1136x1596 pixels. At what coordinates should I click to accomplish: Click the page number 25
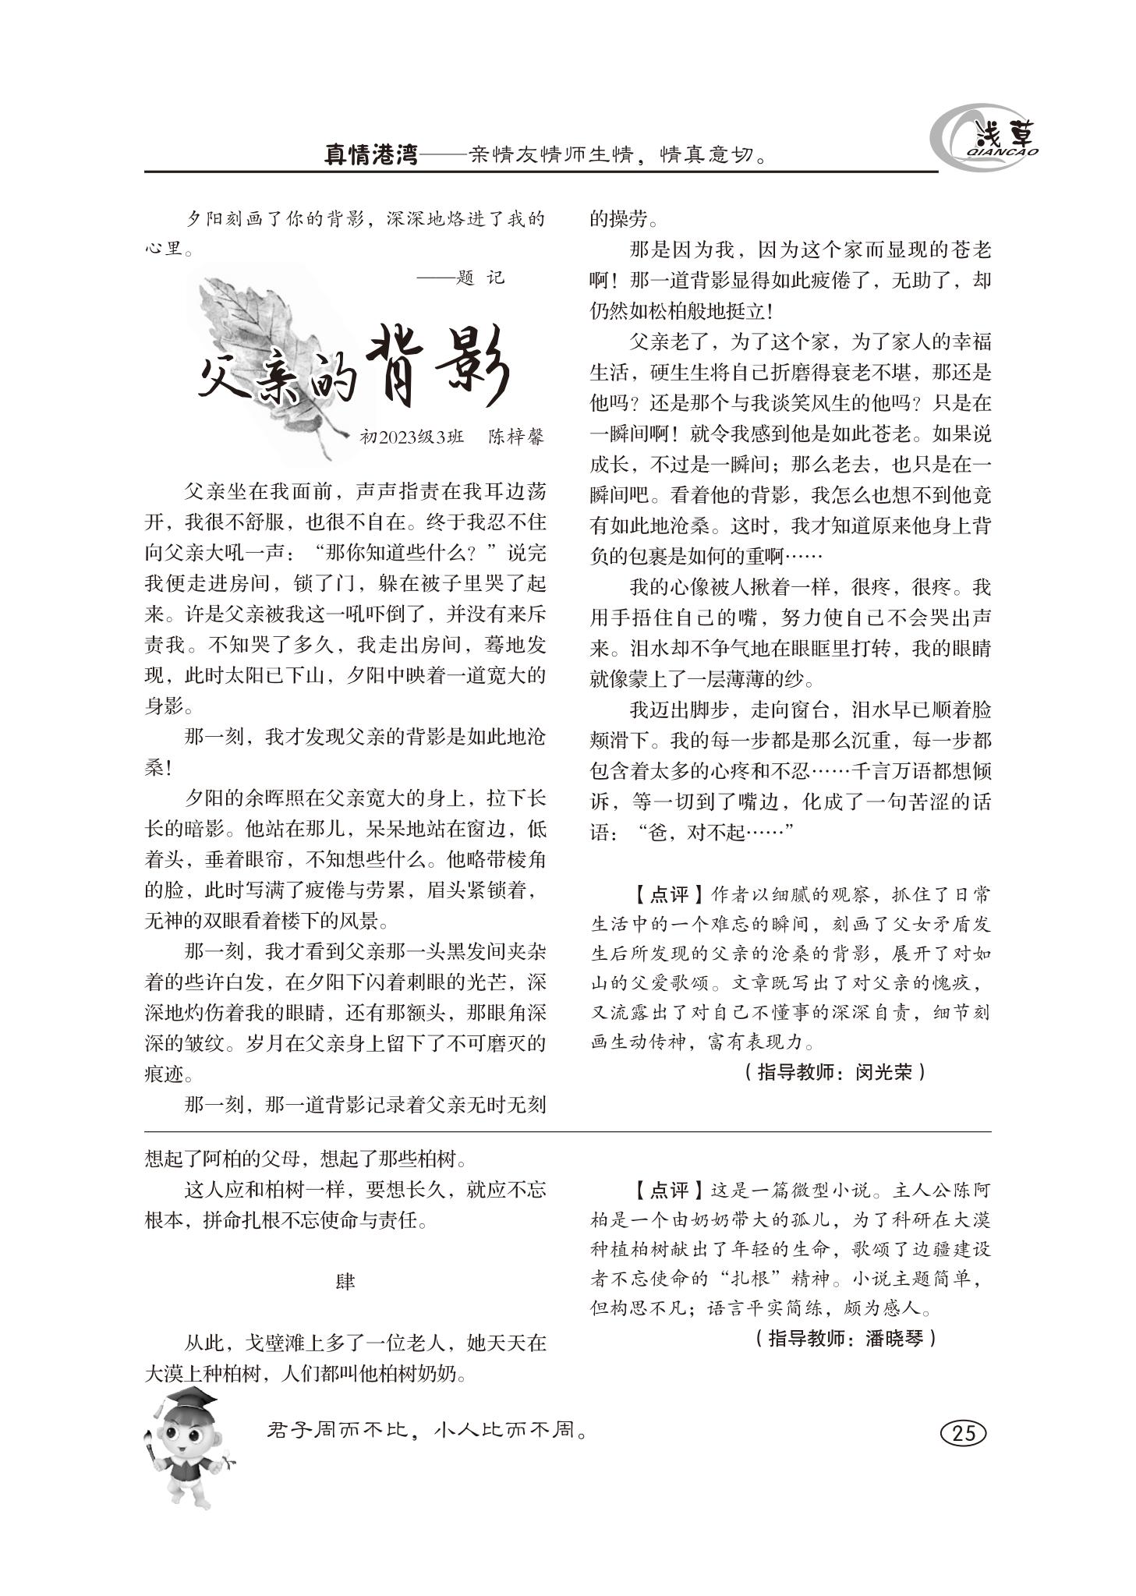point(964,1433)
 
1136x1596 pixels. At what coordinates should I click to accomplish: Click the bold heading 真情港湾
point(371,154)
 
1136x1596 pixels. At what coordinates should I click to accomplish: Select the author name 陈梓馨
point(515,437)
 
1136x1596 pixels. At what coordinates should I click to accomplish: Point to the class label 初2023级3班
point(412,437)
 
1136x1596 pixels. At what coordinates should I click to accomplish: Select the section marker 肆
point(345,1282)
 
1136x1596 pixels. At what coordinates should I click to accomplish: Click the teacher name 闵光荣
point(883,1072)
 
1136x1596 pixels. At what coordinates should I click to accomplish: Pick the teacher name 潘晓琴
point(894,1339)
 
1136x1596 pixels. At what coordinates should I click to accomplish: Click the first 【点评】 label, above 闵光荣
point(660,894)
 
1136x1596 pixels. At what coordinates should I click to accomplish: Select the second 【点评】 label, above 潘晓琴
point(660,1191)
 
